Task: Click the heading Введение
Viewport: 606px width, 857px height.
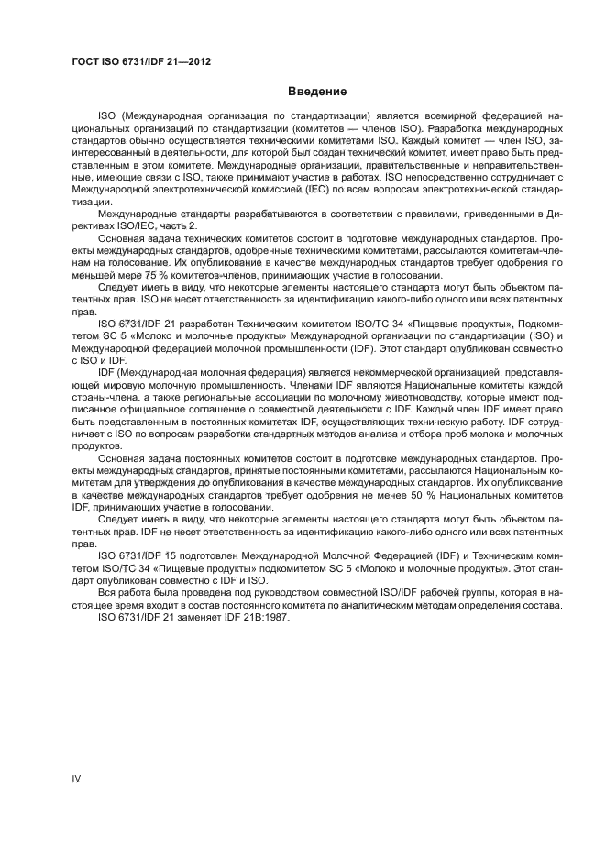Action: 316,92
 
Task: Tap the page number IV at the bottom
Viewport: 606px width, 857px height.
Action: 77,778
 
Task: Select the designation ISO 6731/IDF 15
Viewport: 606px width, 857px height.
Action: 142,555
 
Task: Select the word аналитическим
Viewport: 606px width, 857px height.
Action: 402,603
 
